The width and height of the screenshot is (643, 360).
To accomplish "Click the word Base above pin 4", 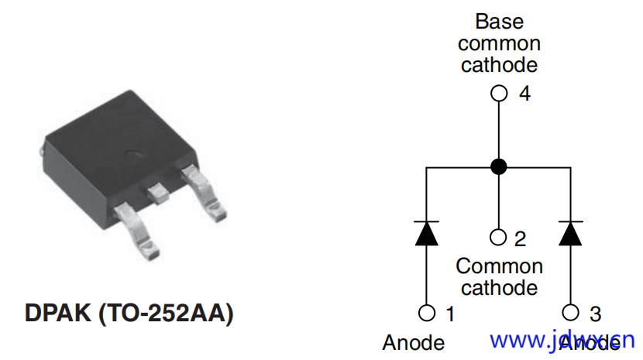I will [x=499, y=21].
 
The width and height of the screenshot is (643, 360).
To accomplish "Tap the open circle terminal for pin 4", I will [x=500, y=94].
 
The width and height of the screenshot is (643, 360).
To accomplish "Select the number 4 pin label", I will [x=524, y=94].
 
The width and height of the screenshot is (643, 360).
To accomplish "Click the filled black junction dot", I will [x=500, y=166].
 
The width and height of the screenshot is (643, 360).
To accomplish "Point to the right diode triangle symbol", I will [x=571, y=232].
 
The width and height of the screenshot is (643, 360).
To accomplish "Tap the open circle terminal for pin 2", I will [x=500, y=236].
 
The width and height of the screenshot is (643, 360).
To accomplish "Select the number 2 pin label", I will [x=520, y=238].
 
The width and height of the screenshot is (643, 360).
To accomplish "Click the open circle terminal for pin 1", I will [x=426, y=313].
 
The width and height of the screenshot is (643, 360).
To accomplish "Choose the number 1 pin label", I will [x=450, y=314].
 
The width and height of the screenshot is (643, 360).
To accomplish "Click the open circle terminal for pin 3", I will [x=571, y=313].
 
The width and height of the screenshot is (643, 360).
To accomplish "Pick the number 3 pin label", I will [x=594, y=314].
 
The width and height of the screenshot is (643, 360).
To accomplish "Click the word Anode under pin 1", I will [x=414, y=342].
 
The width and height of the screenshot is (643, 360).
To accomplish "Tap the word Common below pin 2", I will [x=499, y=266].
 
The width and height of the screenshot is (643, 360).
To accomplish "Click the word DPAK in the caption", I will [x=59, y=314].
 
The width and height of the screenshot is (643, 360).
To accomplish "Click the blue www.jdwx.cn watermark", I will [x=562, y=340].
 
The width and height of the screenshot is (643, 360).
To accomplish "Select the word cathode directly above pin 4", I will [x=499, y=64].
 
